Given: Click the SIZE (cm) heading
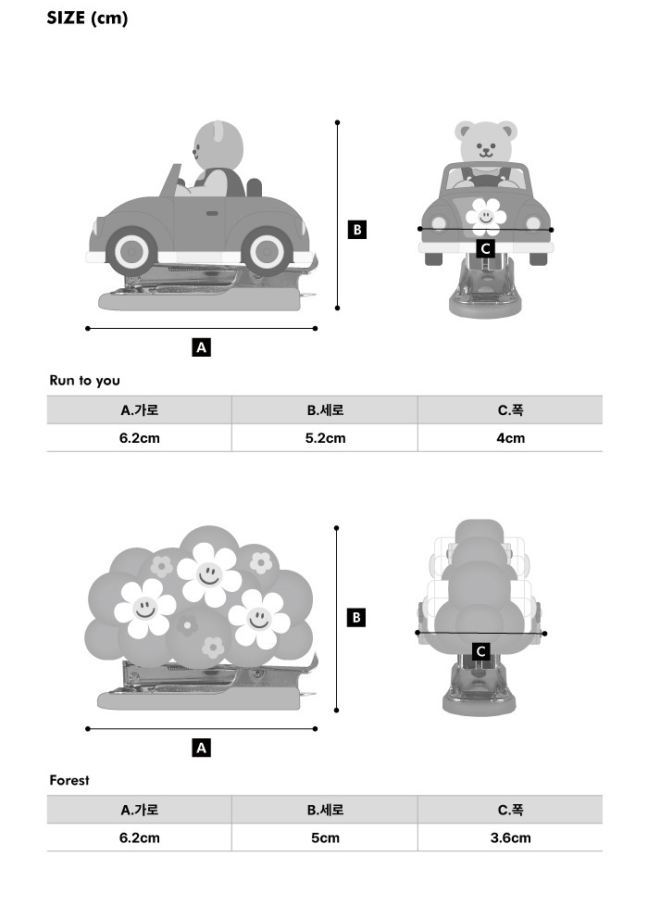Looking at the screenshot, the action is [87, 19].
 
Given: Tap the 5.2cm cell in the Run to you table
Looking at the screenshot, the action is [325, 438].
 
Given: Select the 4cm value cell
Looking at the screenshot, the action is [510, 438].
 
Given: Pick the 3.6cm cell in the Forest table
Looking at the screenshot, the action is [510, 837].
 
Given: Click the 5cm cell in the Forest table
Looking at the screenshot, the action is [325, 837].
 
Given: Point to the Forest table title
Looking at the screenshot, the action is [69, 780].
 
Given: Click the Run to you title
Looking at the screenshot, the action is [84, 381].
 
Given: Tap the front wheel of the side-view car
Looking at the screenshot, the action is [131, 251].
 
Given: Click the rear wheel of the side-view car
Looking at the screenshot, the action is [267, 251].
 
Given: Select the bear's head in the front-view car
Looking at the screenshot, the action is [486, 141].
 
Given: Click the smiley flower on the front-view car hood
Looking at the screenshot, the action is [486, 216].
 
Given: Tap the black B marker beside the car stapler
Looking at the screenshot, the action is [356, 229].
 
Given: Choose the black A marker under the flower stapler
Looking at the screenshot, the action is [201, 748].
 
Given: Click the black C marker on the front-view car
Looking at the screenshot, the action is [485, 248].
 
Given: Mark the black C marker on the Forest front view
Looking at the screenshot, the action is [481, 651].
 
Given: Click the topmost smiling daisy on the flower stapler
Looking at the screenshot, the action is [209, 574].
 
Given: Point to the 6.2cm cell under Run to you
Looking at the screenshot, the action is [140, 438].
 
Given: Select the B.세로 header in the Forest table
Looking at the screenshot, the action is [325, 810].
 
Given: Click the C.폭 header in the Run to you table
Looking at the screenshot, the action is [510, 409].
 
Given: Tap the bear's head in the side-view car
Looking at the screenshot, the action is [218, 146].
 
